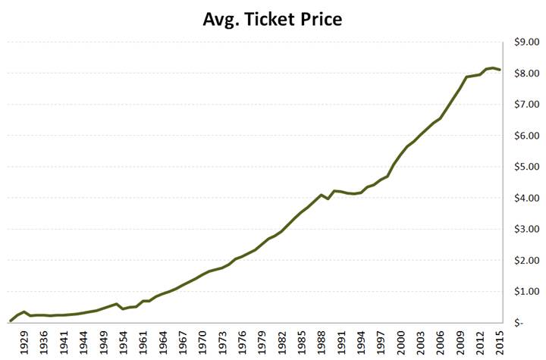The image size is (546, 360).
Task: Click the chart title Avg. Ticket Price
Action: pyautogui.click(x=272, y=19)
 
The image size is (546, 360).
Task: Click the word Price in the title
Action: pyautogui.click(x=319, y=19)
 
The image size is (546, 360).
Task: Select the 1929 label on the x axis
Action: pyautogui.click(x=25, y=341)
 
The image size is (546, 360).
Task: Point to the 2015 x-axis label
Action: pyautogui.click(x=500, y=341)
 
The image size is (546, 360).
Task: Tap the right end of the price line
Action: pyautogui.click(x=500, y=70)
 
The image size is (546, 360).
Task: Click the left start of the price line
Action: pyautogui.click(x=10, y=320)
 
